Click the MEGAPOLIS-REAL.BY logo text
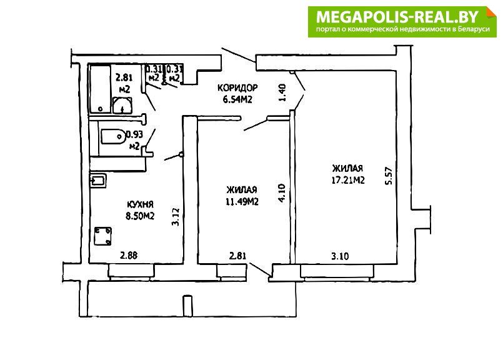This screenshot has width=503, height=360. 397,16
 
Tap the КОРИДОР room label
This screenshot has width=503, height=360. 237,87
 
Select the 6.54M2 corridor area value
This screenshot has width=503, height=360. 237,99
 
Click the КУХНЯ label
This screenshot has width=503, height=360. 140,204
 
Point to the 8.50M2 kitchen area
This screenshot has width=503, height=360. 140,216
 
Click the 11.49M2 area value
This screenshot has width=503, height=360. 242,201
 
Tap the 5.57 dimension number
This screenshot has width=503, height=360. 389,176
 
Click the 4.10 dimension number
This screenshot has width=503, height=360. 281,192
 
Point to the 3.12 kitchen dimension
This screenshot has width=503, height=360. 175,217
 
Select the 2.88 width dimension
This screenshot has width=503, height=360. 129,256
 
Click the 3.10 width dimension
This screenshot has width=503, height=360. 340,256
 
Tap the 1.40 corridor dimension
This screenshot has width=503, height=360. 282,92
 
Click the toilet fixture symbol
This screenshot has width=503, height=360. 113,137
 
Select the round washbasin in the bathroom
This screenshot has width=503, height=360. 122,105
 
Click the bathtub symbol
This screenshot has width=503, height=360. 100,89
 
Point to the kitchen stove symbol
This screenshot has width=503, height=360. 103,236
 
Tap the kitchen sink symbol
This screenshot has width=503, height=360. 98,181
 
